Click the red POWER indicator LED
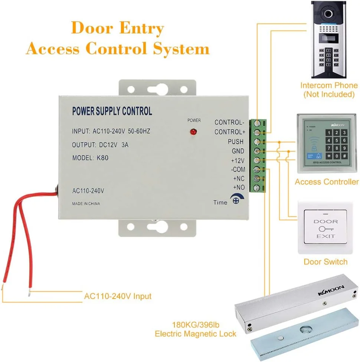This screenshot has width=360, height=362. coord(193,132)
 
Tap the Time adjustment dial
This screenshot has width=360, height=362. coord(235,200)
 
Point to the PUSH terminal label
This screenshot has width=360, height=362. coord(236,142)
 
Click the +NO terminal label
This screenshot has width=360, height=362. coord(238,188)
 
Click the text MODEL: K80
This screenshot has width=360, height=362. coord(91,158)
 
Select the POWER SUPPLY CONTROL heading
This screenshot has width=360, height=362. coord(112,111)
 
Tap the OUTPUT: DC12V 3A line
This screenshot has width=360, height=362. coord(100,145)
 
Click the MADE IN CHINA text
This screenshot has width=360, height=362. coord(86,204)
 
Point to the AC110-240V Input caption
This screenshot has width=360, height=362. coord(118,296)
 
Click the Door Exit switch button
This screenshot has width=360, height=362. coord(325,228)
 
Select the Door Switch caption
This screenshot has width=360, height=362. coord(325,262)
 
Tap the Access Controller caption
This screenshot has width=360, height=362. coord(327,182)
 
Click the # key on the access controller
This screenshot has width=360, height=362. coord(344,156)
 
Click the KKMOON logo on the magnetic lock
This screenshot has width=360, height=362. coord(331,290)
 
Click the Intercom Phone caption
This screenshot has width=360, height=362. coord(329,90)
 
